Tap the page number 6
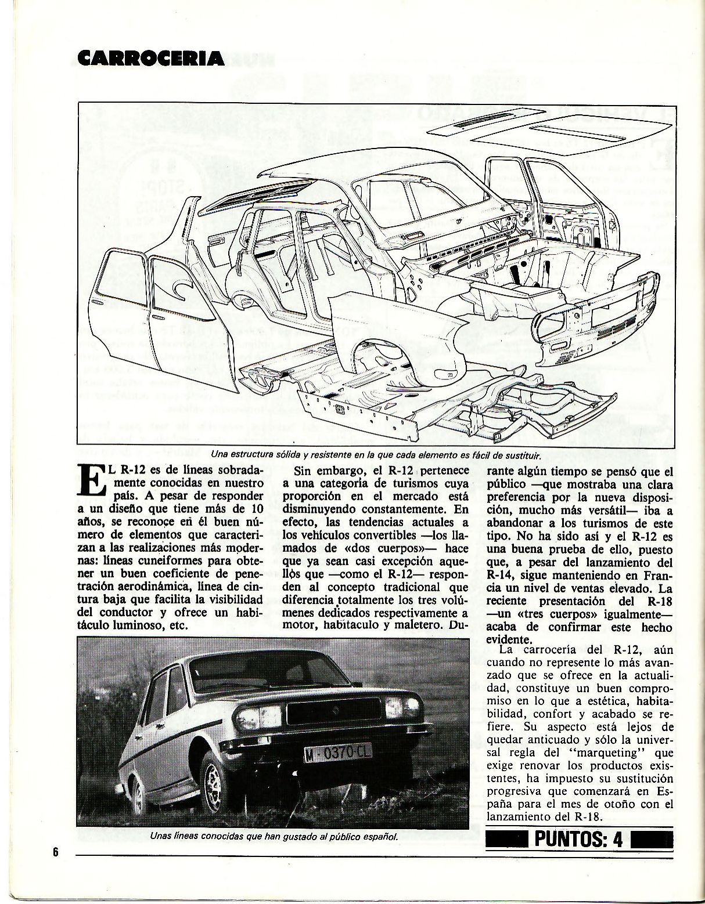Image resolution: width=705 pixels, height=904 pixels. (x=56, y=852)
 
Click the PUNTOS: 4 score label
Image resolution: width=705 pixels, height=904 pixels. (x=579, y=839)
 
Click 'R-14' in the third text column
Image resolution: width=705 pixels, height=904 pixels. (x=499, y=575)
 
